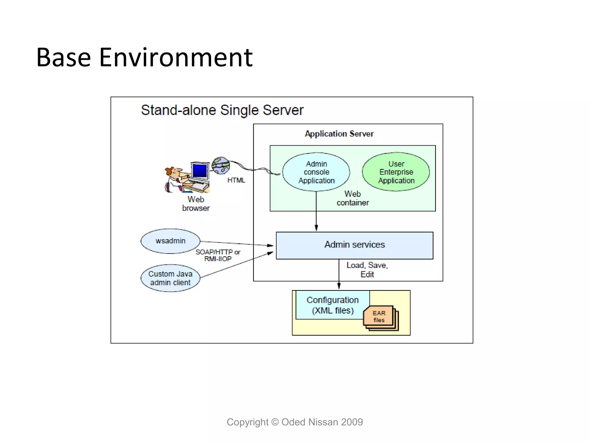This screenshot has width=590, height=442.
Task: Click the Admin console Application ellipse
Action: [316, 172]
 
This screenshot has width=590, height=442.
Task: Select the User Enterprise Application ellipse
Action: [396, 172]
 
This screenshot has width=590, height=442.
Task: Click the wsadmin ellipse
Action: [170, 241]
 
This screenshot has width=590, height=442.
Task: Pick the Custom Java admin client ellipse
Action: [170, 278]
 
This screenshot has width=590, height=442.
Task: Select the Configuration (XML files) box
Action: [332, 305]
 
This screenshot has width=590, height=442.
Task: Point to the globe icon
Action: [221, 165]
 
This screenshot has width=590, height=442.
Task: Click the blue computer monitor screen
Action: [200, 171]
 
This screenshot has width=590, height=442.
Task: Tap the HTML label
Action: [236, 180]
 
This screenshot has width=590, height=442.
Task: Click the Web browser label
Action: [196, 203]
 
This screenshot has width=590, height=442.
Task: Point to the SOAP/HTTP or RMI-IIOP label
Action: [218, 255]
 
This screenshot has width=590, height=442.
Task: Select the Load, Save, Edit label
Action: [367, 269]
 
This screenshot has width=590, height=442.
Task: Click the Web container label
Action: [353, 198]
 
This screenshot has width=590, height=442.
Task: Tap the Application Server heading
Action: [339, 134]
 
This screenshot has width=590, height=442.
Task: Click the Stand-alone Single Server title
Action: [222, 110]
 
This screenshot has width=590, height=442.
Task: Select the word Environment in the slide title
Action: [176, 58]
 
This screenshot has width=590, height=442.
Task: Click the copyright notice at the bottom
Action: [295, 422]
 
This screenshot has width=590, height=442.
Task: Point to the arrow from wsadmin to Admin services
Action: [236, 243]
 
